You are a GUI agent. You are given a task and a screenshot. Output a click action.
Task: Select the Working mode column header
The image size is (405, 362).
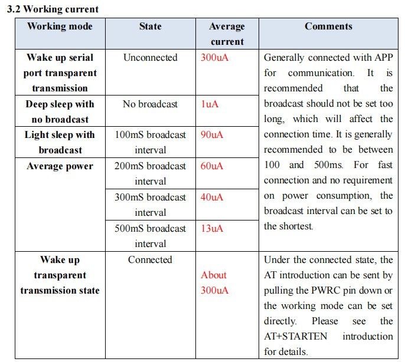click(60, 27)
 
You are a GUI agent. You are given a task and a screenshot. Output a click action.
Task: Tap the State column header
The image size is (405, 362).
click(150, 27)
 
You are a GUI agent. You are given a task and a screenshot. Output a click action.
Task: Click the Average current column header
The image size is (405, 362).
click(227, 34)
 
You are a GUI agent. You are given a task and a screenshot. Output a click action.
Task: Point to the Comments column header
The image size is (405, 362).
click(328, 27)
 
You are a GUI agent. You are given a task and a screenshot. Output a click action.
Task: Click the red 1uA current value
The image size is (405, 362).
click(210, 104)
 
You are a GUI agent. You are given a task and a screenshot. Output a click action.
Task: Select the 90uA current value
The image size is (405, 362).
click(212, 135)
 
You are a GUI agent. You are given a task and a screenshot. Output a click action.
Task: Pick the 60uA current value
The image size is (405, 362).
click(212, 166)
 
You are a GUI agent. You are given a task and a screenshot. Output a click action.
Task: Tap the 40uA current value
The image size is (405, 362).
click(212, 198)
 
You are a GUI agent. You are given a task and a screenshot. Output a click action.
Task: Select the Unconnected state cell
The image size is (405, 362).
click(150, 58)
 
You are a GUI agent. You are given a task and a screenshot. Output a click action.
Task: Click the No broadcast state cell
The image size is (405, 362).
click(150, 104)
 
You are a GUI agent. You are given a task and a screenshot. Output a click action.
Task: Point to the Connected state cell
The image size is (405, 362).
click(150, 260)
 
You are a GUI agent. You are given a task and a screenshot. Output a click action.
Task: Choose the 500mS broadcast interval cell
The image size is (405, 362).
click(150, 236)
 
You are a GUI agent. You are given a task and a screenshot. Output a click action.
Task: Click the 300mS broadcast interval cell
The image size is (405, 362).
click(150, 205)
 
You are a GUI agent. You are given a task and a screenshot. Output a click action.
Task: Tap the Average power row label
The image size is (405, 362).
click(60, 166)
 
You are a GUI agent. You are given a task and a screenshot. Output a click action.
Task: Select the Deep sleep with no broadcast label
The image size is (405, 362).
click(60, 111)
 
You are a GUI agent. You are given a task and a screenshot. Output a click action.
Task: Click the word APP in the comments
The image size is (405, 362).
click(383, 58)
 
